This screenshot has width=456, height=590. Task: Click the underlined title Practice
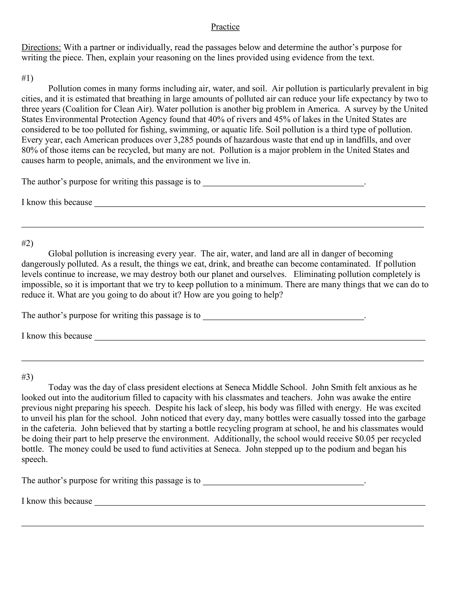pyautogui.click(x=225, y=27)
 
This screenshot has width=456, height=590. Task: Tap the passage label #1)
pyautogui.click(x=27, y=78)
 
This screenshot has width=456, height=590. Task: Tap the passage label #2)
pyautogui.click(x=27, y=243)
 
